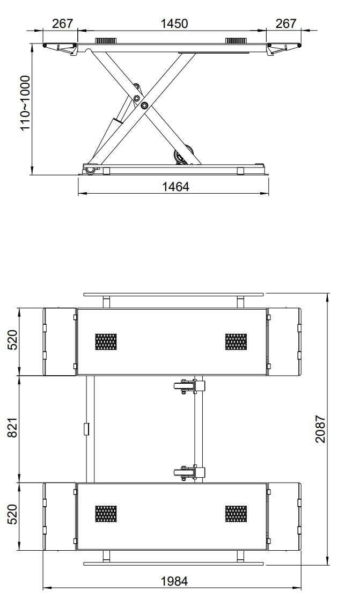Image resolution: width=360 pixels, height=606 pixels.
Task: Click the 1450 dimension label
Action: [x=174, y=24]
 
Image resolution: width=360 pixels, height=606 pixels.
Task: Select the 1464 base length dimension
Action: [x=175, y=186]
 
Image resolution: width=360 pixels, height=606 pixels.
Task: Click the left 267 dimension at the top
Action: [x=62, y=24]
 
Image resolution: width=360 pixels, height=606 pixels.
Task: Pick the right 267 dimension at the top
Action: [x=285, y=24]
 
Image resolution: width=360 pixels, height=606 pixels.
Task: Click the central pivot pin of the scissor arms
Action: [x=144, y=106]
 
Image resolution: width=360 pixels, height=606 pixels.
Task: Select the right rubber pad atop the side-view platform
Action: [x=236, y=41]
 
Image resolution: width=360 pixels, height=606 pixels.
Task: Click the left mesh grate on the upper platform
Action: [x=106, y=341]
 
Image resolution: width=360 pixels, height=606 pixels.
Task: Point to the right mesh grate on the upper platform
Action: [x=236, y=341]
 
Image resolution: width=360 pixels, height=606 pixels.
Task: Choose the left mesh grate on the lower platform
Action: [x=106, y=514]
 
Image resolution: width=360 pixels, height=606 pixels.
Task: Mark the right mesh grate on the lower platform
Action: [x=236, y=514]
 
